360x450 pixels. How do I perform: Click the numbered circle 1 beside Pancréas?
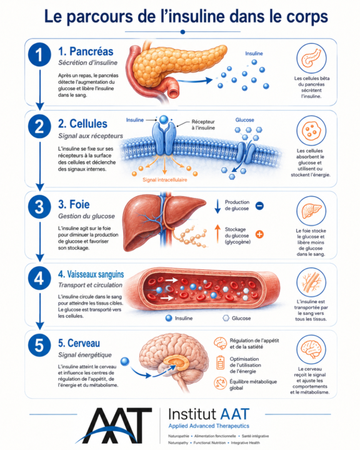pyautogui.click(x=39, y=54)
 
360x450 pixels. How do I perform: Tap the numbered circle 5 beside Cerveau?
pyautogui.click(x=39, y=345)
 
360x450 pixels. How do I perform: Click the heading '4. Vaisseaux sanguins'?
pyautogui.click(x=91, y=274)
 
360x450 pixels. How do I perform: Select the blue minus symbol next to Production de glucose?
pyautogui.click(x=259, y=206)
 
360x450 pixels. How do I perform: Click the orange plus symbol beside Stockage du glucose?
pyautogui.click(x=259, y=234)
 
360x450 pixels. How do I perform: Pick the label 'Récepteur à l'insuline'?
pyautogui.click(x=203, y=125)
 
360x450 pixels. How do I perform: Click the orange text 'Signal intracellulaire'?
pyautogui.click(x=165, y=180)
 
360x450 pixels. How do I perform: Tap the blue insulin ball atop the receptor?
pyautogui.click(x=164, y=119)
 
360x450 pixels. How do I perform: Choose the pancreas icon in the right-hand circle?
pyautogui.click(x=311, y=58)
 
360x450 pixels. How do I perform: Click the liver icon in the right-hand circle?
pyautogui.click(x=311, y=211)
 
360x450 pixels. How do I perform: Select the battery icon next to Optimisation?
pyautogui.click(x=221, y=362)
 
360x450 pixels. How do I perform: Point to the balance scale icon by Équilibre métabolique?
pyautogui.click(x=220, y=383)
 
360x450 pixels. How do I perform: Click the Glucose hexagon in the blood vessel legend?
pyautogui.click(x=226, y=318)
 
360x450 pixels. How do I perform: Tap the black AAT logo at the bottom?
pyautogui.click(x=114, y=426)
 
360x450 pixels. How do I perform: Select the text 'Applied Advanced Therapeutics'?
pyautogui.click(x=209, y=426)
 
